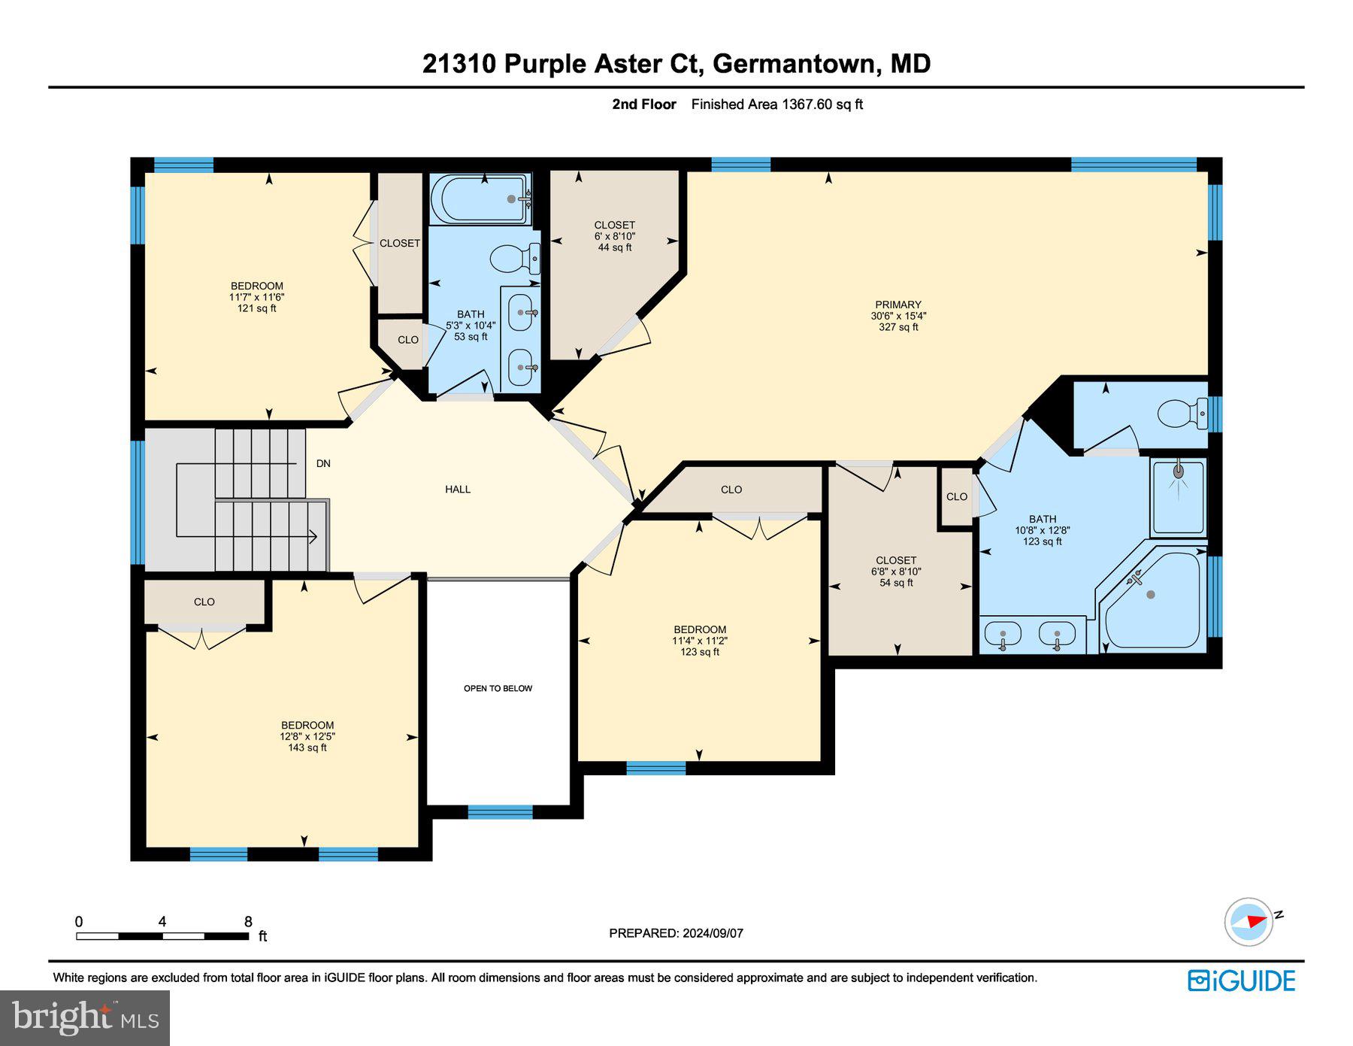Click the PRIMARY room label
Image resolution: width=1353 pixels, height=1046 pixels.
point(897,305)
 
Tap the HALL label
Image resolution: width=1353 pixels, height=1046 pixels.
point(457,490)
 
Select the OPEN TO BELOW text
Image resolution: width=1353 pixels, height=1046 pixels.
point(498,688)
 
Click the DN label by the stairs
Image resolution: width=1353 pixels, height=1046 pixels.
point(323,463)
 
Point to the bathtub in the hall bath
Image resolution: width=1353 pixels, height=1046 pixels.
point(480,199)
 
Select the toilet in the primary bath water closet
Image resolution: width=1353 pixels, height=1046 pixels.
point(1181,414)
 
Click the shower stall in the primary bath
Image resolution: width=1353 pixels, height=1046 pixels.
point(1178,496)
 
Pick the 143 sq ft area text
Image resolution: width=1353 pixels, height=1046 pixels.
point(307,747)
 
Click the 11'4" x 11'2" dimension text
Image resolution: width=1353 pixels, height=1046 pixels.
point(700,641)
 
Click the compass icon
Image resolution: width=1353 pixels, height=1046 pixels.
point(1249,921)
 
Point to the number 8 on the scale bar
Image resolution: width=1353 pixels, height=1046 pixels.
point(248,921)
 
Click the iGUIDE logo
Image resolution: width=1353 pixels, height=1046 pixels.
point(1242,981)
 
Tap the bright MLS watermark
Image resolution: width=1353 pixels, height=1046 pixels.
point(85,1017)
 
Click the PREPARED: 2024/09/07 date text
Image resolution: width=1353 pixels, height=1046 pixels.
point(676,933)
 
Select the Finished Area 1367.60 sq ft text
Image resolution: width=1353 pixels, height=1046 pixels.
point(776,105)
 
